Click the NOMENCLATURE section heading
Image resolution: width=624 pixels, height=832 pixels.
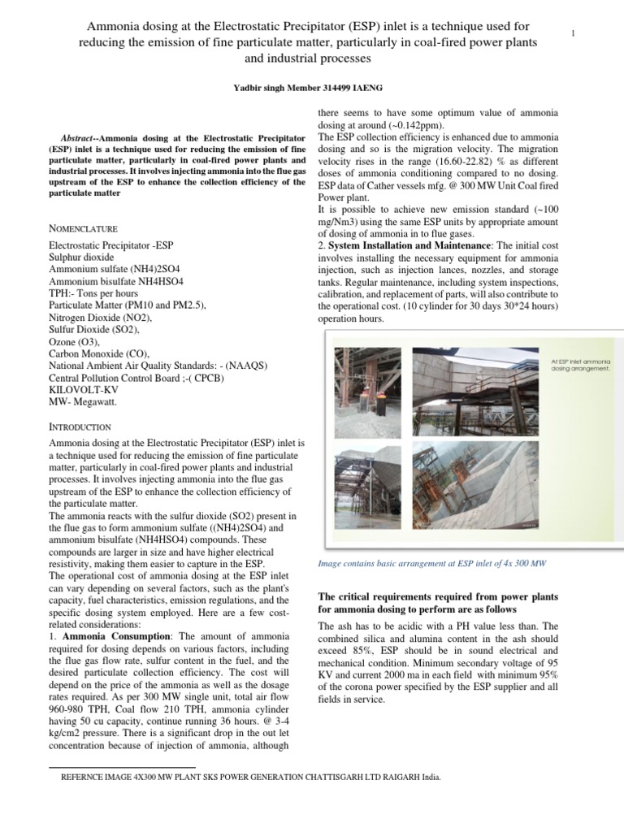pyautogui.click(x=84, y=229)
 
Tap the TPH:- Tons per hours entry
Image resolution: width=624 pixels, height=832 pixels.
pyautogui.click(x=93, y=293)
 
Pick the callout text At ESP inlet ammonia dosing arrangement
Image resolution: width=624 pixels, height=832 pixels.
pyautogui.click(x=581, y=364)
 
